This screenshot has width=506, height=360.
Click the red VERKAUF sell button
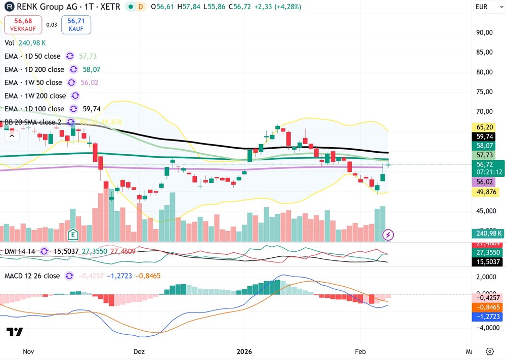(x=23, y=25)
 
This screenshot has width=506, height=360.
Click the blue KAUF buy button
(x=76, y=25)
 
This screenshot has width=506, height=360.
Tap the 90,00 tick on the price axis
(x=485, y=32)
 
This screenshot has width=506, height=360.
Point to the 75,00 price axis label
(x=485, y=92)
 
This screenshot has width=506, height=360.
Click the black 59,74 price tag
(x=485, y=136)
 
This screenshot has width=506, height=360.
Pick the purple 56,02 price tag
(x=485, y=182)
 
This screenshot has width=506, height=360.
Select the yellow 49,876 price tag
(x=485, y=192)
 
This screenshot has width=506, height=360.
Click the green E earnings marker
(x=73, y=234)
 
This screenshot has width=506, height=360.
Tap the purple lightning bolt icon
(x=388, y=235)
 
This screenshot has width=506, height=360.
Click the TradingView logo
(x=15, y=332)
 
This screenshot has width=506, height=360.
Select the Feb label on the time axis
(x=360, y=351)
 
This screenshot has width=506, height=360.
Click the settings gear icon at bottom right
(x=489, y=351)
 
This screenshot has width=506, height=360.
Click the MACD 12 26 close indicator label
(x=32, y=276)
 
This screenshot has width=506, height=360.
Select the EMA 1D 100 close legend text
(x=34, y=109)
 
